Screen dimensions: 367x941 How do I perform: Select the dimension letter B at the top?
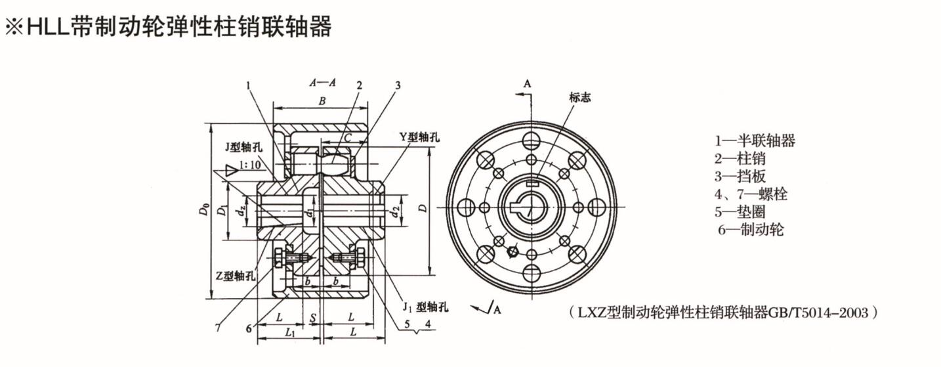tap(322, 102)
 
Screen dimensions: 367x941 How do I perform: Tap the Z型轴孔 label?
tap(234, 276)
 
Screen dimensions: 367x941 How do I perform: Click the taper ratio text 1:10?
tap(249, 165)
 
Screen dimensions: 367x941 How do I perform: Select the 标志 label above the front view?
tap(579, 97)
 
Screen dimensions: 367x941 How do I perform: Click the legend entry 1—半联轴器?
tap(755, 140)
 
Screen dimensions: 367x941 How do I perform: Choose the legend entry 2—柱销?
tap(740, 158)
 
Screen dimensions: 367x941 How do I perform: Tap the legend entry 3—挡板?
tap(740, 176)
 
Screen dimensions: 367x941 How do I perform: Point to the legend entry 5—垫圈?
tap(740, 211)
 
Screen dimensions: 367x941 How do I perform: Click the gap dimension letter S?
tap(314, 318)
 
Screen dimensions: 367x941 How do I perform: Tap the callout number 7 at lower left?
tap(217, 326)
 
